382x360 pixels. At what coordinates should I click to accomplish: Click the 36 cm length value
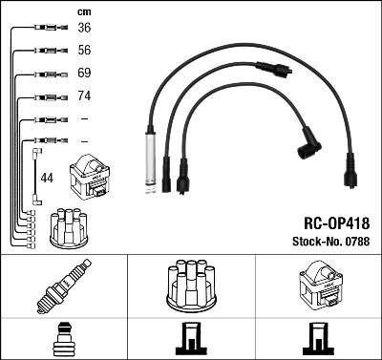[83, 28]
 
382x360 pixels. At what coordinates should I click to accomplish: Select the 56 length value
[83, 51]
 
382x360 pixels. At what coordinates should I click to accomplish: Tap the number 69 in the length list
[83, 74]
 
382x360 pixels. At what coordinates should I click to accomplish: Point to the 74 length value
[83, 96]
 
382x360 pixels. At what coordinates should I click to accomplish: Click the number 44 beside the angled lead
[47, 178]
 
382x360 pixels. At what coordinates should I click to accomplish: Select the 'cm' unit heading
[83, 11]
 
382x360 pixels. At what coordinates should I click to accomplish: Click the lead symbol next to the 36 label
[46, 29]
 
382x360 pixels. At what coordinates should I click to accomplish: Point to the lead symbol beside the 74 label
[46, 97]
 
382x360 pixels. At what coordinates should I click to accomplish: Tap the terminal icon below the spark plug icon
[62, 341]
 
